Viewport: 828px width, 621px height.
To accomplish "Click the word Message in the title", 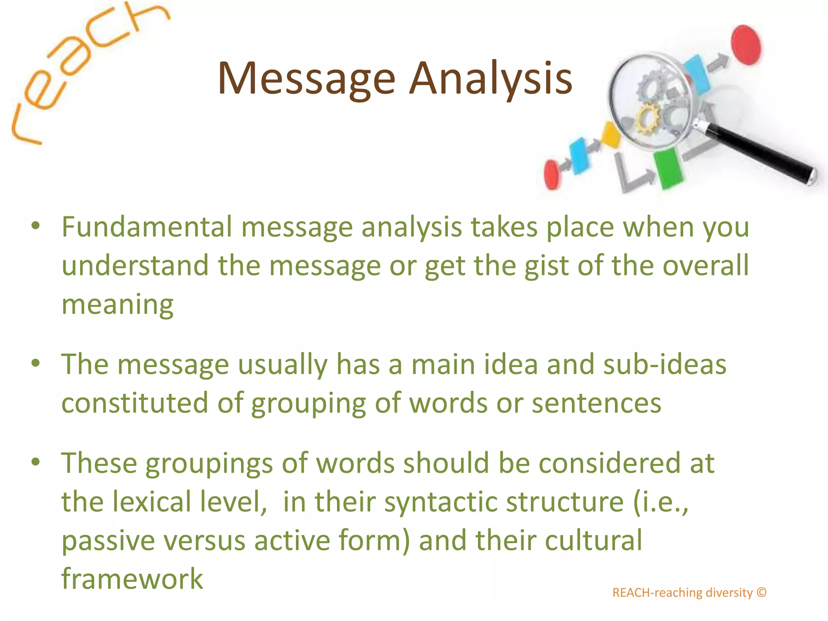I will pos(306,79).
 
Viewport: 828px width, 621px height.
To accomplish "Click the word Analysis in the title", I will pos(491,79).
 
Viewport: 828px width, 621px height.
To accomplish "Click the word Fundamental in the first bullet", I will pos(147,227).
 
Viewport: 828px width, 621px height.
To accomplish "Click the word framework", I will pos(132,579).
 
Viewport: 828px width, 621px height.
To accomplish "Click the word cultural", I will pos(593,541).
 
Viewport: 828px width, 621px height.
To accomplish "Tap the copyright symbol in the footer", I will pos(762,592).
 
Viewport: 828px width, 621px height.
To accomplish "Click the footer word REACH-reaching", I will pos(657,593).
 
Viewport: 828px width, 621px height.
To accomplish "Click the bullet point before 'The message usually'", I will pos(36,363).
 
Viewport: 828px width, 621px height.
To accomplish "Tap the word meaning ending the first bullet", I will pos(117,304).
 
